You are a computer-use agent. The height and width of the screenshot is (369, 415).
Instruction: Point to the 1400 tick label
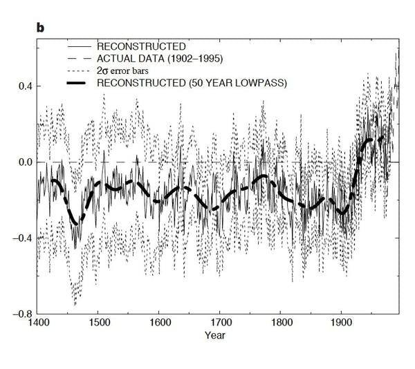(x=37, y=321)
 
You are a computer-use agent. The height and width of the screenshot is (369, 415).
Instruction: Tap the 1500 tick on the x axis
(x=98, y=321)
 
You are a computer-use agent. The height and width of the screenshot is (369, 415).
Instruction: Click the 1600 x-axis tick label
(x=159, y=321)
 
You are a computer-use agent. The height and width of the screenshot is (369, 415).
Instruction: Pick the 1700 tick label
(x=220, y=321)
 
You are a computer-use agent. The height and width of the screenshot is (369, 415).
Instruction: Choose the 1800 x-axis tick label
(x=281, y=321)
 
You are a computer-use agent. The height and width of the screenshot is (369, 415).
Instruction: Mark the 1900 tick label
(x=342, y=321)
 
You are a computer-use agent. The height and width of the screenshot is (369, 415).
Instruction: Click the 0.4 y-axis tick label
(x=24, y=86)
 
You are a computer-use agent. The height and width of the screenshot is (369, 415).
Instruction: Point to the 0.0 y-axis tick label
(x=24, y=162)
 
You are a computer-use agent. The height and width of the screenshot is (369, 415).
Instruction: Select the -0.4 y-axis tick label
(x=22, y=238)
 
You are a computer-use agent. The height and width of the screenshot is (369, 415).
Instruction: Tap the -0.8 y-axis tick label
(x=22, y=314)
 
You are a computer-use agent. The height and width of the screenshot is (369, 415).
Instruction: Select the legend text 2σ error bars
(x=129, y=71)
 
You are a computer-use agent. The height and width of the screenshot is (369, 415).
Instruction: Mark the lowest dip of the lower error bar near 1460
(x=75, y=304)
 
